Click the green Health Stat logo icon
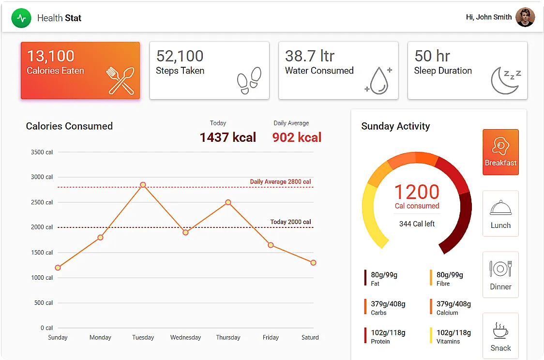(x=21, y=18)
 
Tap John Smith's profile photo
(x=525, y=17)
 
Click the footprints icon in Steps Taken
(x=249, y=80)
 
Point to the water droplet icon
(x=378, y=80)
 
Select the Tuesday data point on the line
(x=143, y=185)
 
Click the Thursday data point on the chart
(x=228, y=202)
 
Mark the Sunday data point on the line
(x=58, y=268)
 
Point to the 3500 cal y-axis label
(x=42, y=152)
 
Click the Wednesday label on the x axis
(x=185, y=337)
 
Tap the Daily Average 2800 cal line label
(x=280, y=182)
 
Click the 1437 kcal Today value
(x=228, y=137)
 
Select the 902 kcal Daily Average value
(x=297, y=137)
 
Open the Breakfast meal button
(x=500, y=152)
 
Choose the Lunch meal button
(x=500, y=213)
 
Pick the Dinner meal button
(x=500, y=274)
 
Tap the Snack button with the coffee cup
(x=500, y=336)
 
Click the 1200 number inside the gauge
(x=417, y=192)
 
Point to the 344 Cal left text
(x=417, y=224)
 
